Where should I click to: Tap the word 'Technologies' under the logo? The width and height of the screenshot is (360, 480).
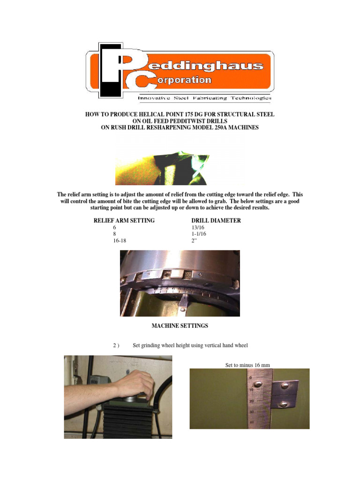253,98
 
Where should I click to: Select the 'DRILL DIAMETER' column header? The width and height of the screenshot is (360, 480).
216,220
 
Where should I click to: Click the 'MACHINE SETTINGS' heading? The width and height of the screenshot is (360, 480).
180,325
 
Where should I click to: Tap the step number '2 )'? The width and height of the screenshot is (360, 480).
117,345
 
